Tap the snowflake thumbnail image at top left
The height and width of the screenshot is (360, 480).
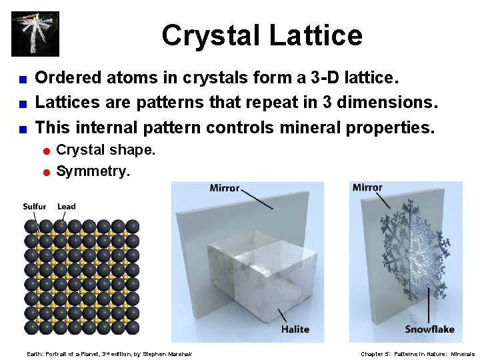pos(35,34)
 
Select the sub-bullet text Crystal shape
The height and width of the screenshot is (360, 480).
pos(105,150)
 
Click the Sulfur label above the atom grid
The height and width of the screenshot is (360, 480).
pos(35,207)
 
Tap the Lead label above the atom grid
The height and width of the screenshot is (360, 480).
pos(67,207)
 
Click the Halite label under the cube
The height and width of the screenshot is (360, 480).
pos(295,329)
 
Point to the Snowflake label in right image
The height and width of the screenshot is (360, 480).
pos(429,329)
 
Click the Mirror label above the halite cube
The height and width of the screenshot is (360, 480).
pos(225,189)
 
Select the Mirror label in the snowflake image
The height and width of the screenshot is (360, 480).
pos(367,188)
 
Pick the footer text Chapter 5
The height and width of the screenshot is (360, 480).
pos(375,354)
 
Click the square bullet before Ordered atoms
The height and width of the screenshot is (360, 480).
pos(21,79)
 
